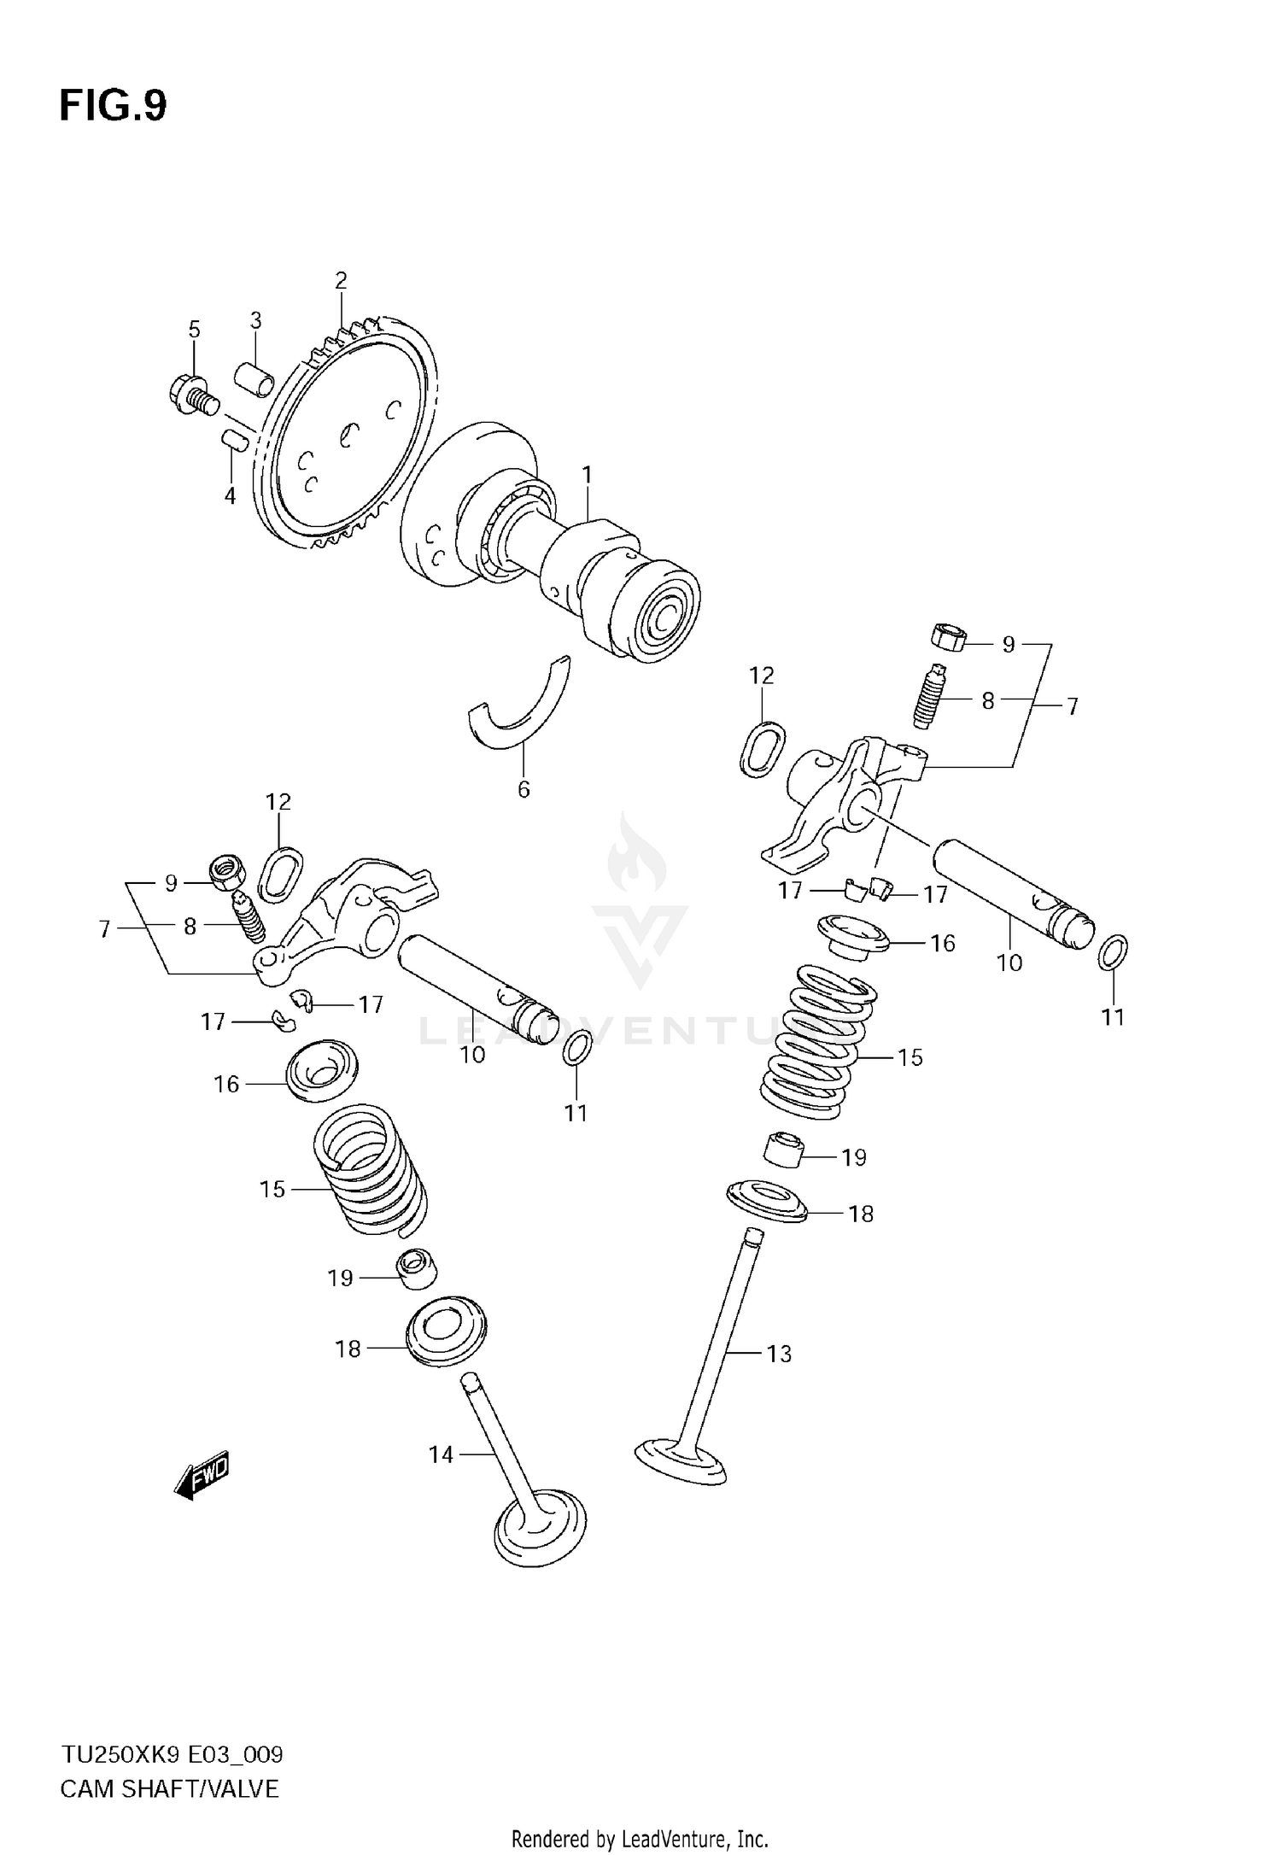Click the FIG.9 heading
[x=113, y=107]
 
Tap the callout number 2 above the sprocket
[x=341, y=280]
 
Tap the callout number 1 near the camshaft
[x=588, y=474]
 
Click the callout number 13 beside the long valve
[x=779, y=1354]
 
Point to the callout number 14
[x=441, y=1454]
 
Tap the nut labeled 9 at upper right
[x=947, y=637]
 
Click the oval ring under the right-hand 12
[x=762, y=749]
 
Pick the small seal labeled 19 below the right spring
[x=783, y=1150]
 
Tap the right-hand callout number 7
[x=1073, y=706]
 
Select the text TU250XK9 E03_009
[x=171, y=1756]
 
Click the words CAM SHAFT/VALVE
[x=169, y=1789]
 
